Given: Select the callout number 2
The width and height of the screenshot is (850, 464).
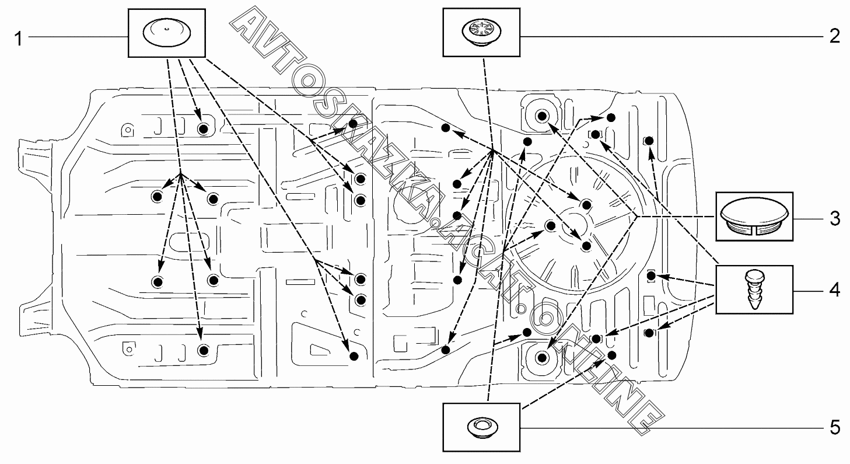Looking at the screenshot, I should pyautogui.click(x=834, y=37).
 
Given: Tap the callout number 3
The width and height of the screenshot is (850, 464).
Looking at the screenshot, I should pyautogui.click(x=834, y=219).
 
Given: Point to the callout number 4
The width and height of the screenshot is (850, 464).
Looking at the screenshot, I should pyautogui.click(x=834, y=290).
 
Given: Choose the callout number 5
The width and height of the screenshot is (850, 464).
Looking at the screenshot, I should pyautogui.click(x=834, y=428).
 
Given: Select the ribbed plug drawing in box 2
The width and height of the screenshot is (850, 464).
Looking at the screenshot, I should pyautogui.click(x=481, y=32).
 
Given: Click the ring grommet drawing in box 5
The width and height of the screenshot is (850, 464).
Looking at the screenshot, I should pyautogui.click(x=481, y=427).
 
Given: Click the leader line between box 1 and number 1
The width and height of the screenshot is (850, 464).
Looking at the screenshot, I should pyautogui.click(x=78, y=37).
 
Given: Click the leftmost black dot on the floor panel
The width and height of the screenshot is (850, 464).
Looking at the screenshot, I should pyautogui.click(x=158, y=196).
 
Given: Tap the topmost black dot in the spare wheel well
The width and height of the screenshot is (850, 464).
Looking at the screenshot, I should pyautogui.click(x=586, y=203).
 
